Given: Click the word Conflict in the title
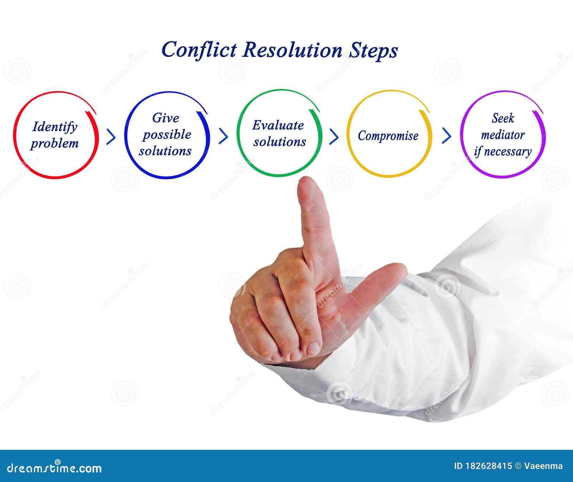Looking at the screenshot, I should (x=199, y=50).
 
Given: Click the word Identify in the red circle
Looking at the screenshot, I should (x=55, y=127).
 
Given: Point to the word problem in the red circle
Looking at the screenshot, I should (x=54, y=143).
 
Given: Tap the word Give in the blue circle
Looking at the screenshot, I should (x=165, y=118).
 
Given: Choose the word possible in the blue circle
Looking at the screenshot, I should (x=167, y=135).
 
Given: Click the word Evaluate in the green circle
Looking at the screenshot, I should (x=278, y=125).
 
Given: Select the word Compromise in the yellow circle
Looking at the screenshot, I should (x=388, y=136).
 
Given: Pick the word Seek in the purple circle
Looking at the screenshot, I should (x=503, y=118).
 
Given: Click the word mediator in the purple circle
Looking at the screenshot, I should (x=503, y=135).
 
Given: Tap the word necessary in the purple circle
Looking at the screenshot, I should (x=508, y=152).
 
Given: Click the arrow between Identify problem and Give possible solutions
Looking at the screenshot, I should (x=111, y=136).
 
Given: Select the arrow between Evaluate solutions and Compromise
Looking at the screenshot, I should (x=334, y=136).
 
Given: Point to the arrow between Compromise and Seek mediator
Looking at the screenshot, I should (x=446, y=136).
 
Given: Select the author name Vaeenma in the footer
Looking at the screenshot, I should (x=543, y=466).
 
